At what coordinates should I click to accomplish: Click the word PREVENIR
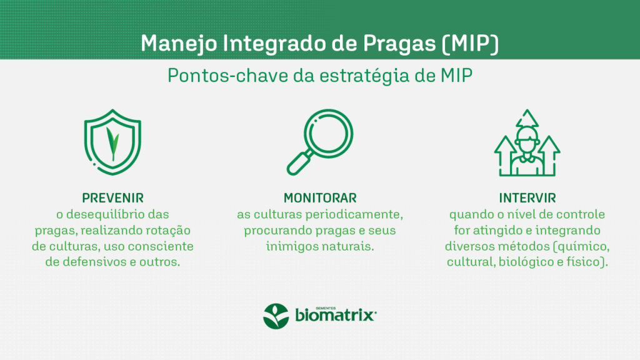(x=112, y=198)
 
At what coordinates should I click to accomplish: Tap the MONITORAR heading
(x=320, y=198)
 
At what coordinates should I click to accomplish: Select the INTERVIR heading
(x=527, y=198)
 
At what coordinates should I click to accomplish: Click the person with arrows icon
(x=527, y=142)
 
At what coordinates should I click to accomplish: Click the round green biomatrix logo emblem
(x=276, y=316)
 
